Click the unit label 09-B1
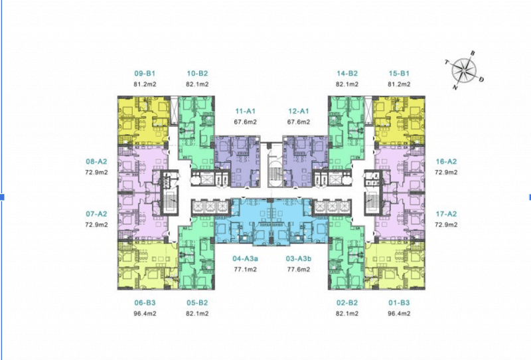click(x=145, y=73)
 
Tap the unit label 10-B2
click(x=197, y=73)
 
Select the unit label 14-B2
click(x=347, y=73)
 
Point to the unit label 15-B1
click(x=399, y=73)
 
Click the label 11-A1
click(x=245, y=111)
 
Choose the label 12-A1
click(x=298, y=111)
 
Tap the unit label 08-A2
click(x=96, y=161)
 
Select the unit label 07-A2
click(x=96, y=214)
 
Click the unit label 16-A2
click(x=446, y=161)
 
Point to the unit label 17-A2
click(x=446, y=214)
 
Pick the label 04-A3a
click(x=245, y=258)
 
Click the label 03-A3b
click(x=298, y=258)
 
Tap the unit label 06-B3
click(x=145, y=303)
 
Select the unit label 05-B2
click(x=197, y=303)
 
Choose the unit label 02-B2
click(x=347, y=303)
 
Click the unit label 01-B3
click(x=399, y=303)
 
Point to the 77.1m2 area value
click(x=245, y=270)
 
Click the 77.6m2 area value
click(x=298, y=270)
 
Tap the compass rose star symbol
click(x=464, y=70)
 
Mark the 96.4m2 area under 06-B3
click(x=145, y=314)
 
